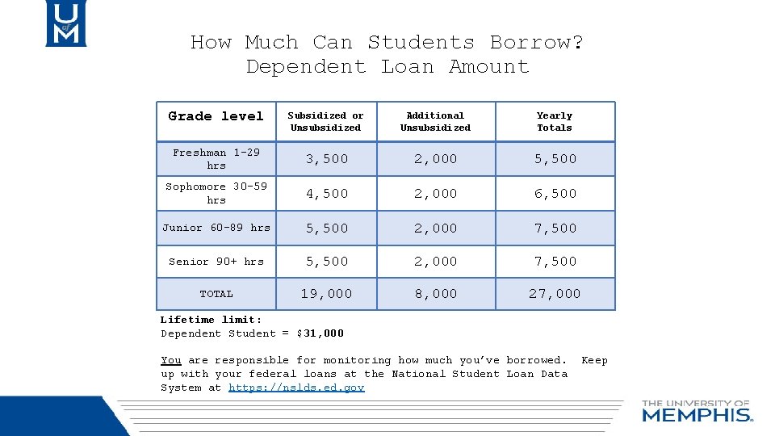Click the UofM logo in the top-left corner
[x=65, y=23]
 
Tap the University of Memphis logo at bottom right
[x=697, y=411]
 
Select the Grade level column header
[x=216, y=116]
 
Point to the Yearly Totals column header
[x=555, y=121]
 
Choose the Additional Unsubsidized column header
[x=435, y=121]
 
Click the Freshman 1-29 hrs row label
[x=216, y=158]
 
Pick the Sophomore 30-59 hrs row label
[x=216, y=193]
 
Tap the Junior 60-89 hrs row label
[x=216, y=228]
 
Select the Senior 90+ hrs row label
[x=216, y=262]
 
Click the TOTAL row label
[x=216, y=294]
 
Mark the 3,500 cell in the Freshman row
[x=326, y=159]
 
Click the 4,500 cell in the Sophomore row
[x=326, y=194]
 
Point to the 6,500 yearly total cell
[x=555, y=194]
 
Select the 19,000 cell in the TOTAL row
[x=326, y=294]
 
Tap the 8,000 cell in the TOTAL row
[x=435, y=294]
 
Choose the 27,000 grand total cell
[x=555, y=294]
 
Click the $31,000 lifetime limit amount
[x=320, y=333]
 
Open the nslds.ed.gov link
[x=296, y=388]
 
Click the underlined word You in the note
[x=170, y=360]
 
